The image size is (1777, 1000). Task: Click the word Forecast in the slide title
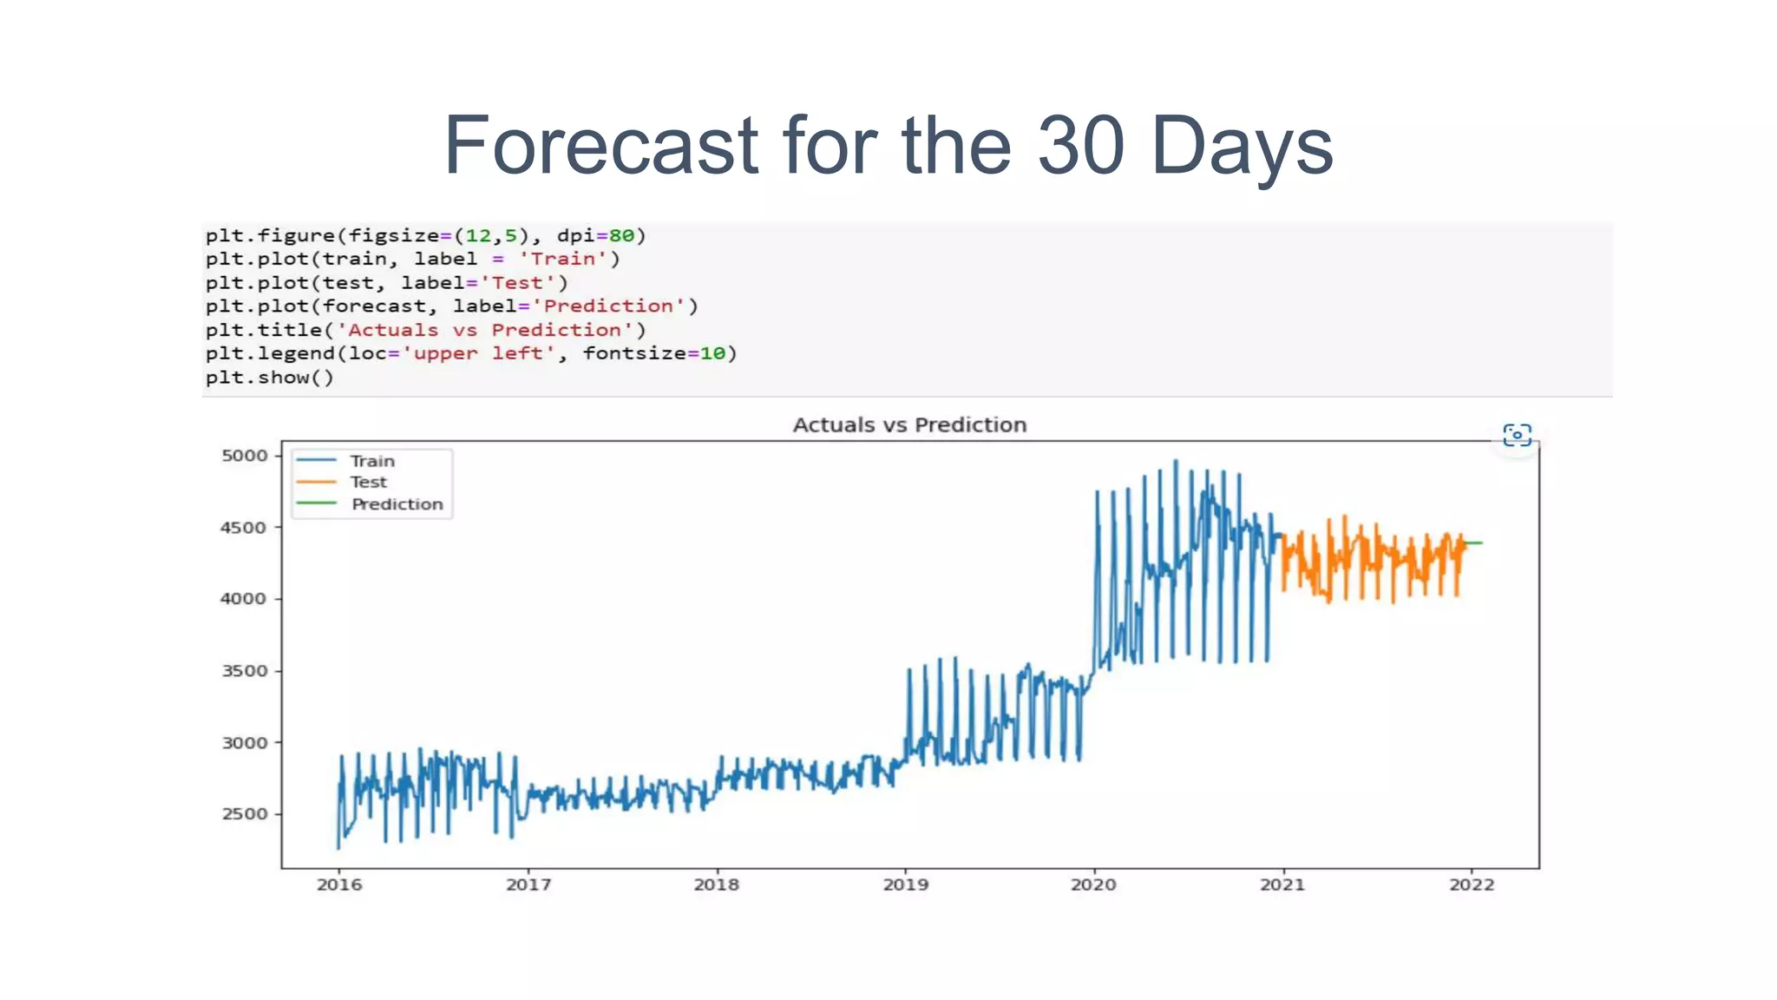[601, 145]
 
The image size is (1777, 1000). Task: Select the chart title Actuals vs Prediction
[909, 424]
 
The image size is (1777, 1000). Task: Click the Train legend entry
[371, 461]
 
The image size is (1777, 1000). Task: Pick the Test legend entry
[368, 482]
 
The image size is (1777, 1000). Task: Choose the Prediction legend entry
[397, 504]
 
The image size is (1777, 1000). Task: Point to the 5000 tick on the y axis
[245, 456]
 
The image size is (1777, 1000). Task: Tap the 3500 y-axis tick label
[245, 671]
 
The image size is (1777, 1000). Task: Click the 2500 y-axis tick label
[245, 814]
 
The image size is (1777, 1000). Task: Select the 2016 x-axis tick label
[339, 885]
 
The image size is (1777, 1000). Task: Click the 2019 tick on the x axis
[905, 885]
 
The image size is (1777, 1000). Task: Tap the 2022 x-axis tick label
[1472, 885]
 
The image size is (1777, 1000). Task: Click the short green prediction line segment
[1474, 543]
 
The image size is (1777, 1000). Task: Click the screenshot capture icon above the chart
[1517, 435]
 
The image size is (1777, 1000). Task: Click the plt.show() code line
[269, 378]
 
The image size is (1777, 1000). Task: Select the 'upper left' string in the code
[478, 353]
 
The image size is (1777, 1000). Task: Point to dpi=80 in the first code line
[595, 235]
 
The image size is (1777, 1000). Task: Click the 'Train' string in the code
[562, 259]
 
